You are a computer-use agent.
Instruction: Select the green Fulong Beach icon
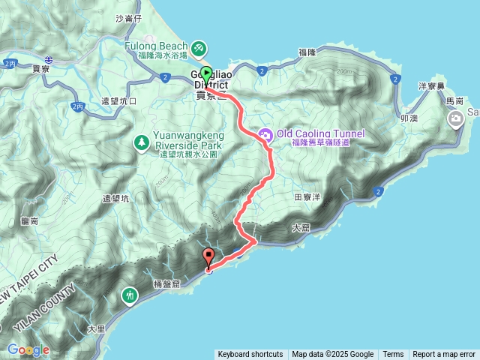click(199, 49)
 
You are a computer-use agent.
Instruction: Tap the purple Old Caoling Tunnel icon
click(265, 134)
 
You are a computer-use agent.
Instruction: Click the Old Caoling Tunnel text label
click(320, 133)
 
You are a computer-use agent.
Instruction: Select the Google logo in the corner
click(28, 350)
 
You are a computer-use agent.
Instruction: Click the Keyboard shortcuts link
click(250, 355)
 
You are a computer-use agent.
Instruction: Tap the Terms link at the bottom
click(393, 355)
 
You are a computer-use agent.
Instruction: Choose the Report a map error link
click(444, 355)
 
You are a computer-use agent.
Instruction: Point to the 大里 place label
click(96, 328)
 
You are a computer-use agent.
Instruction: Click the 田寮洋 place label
click(308, 196)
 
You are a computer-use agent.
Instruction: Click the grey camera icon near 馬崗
click(455, 118)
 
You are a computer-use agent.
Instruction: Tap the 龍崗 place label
click(31, 220)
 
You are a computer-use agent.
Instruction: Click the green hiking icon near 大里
click(130, 296)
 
